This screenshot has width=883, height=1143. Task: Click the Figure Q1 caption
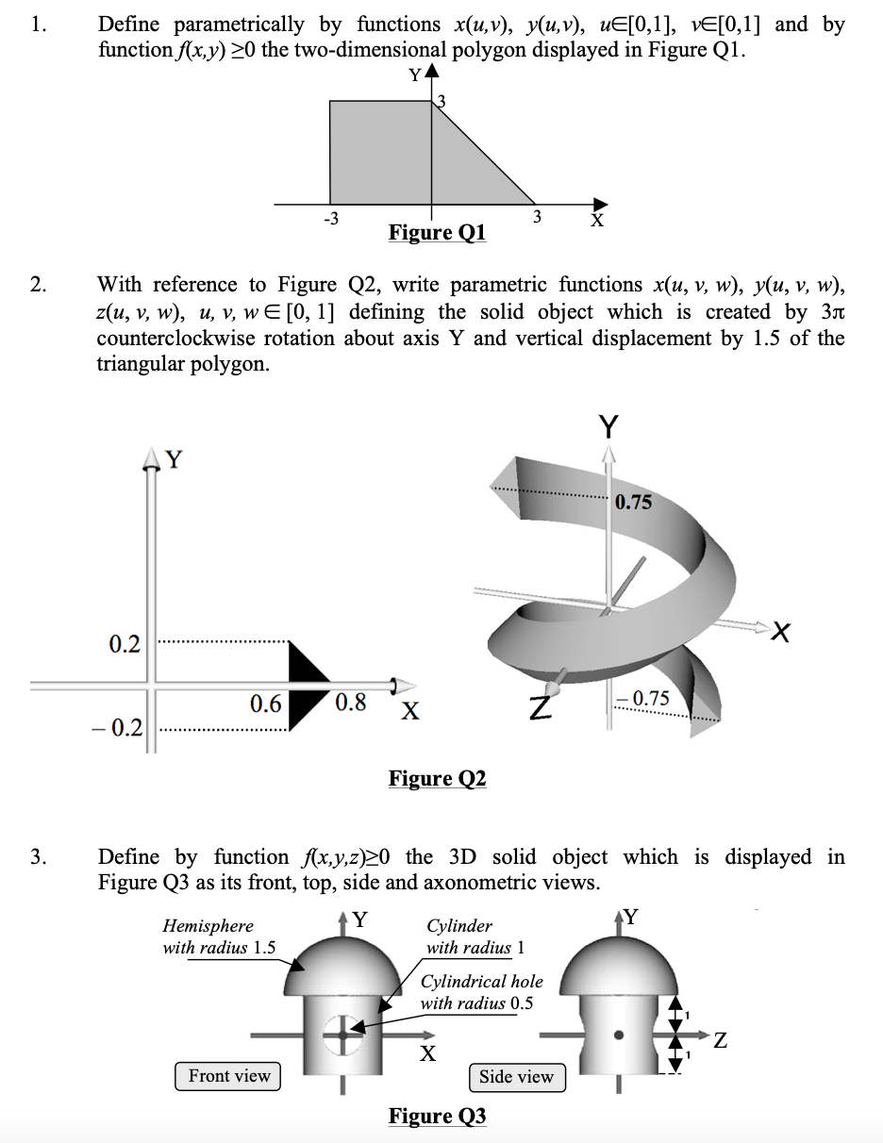pyautogui.click(x=437, y=232)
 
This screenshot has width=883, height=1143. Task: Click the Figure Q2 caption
pyautogui.click(x=437, y=778)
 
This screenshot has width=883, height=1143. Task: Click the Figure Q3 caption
pyautogui.click(x=437, y=1117)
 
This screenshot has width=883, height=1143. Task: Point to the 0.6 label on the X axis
pyautogui.click(x=265, y=704)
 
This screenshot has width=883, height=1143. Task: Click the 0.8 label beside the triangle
pyautogui.click(x=350, y=704)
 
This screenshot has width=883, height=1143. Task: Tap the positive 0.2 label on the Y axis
pyautogui.click(x=125, y=645)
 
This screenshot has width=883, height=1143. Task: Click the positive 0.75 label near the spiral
pyautogui.click(x=633, y=502)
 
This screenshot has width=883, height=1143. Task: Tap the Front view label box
pyautogui.click(x=228, y=1076)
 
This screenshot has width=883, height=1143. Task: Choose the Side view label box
pyautogui.click(x=516, y=1077)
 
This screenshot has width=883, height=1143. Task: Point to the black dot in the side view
pyautogui.click(x=619, y=1035)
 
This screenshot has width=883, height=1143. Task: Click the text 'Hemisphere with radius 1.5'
pyautogui.click(x=219, y=937)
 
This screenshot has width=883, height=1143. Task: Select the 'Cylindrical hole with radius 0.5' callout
pyautogui.click(x=481, y=992)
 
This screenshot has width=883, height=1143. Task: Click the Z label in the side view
pyautogui.click(x=720, y=1041)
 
